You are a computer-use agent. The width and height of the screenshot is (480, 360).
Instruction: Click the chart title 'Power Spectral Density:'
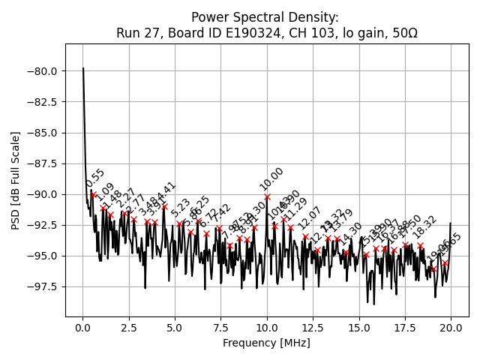(x=265, y=17)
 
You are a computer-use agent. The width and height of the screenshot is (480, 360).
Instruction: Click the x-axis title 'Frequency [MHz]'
(x=266, y=343)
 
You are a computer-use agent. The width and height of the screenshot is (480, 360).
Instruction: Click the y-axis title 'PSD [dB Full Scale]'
(x=16, y=180)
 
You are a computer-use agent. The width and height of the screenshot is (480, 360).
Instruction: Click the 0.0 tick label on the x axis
(x=83, y=328)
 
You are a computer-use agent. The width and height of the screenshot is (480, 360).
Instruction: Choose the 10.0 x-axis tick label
(x=267, y=328)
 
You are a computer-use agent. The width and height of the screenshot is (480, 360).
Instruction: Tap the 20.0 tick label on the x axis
(x=451, y=328)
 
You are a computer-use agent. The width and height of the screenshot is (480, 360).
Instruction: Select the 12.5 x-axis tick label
(x=313, y=328)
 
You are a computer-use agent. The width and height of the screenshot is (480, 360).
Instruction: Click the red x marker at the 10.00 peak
(x=267, y=196)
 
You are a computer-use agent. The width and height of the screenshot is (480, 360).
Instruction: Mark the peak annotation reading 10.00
(x=271, y=178)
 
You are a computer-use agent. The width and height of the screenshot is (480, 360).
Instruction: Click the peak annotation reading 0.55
(x=95, y=178)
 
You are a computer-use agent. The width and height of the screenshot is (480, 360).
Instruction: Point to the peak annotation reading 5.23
(x=181, y=208)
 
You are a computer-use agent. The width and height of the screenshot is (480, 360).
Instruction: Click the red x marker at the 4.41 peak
(x=164, y=205)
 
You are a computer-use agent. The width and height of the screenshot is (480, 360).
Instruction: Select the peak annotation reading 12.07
(x=309, y=218)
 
